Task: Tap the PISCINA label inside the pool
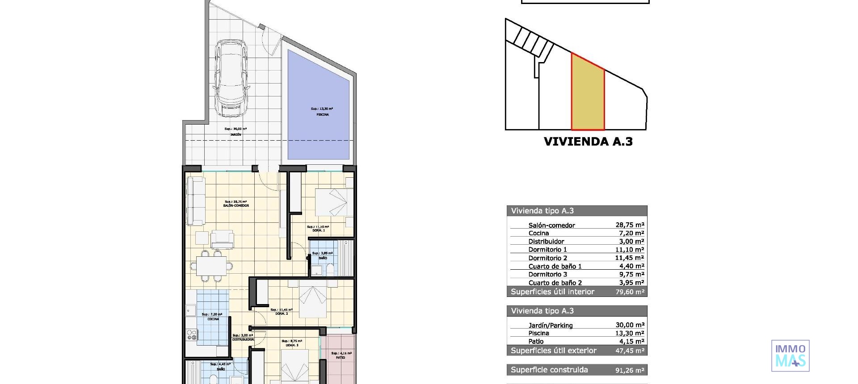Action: (x=322, y=115)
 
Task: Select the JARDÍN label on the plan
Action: (x=236, y=134)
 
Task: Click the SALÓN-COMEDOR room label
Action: (x=236, y=206)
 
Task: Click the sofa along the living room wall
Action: (x=196, y=201)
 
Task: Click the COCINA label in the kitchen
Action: (x=213, y=319)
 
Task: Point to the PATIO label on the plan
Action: (x=340, y=358)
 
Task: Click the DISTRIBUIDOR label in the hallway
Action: (x=243, y=340)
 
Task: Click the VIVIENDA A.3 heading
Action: (x=588, y=142)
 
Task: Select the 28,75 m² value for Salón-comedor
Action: (x=629, y=225)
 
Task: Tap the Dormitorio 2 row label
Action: (x=547, y=258)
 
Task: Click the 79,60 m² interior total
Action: (x=629, y=292)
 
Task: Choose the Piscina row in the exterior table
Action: (x=538, y=333)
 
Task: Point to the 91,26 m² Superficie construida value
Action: (x=629, y=370)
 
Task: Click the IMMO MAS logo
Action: (x=790, y=356)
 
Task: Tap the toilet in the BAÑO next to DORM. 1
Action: (x=330, y=269)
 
